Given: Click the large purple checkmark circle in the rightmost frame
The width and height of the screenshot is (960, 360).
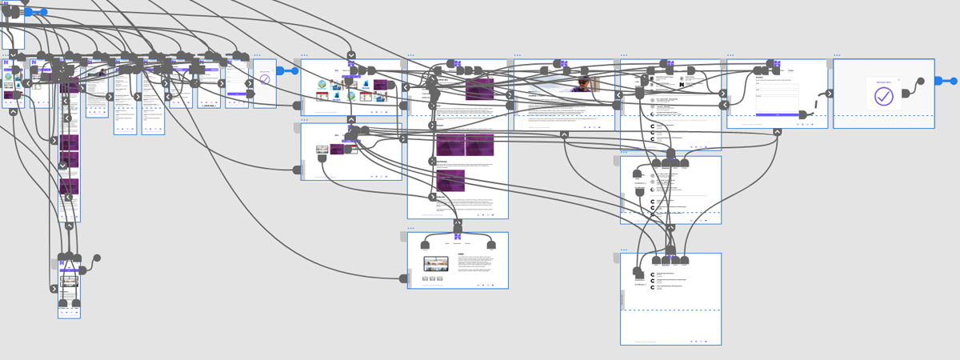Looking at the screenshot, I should (x=882, y=96).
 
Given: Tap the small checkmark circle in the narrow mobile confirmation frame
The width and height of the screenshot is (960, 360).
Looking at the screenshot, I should (x=265, y=80).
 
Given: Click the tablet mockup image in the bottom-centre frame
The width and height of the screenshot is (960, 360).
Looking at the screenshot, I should (x=437, y=263).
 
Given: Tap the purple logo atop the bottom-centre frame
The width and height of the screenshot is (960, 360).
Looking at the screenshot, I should (x=458, y=237).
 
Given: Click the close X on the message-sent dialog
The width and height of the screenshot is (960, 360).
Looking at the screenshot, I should (x=898, y=79).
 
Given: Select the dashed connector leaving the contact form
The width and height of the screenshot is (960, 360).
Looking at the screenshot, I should (x=814, y=106).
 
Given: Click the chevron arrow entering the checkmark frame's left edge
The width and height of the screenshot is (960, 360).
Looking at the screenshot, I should (x=829, y=94).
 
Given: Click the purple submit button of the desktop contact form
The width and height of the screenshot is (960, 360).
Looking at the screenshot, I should (x=776, y=114).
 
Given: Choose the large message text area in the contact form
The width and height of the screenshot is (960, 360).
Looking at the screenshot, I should (x=776, y=103).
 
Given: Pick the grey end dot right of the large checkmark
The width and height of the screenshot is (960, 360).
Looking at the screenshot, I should (x=920, y=81).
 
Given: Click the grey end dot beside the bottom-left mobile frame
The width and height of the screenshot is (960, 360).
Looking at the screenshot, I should (x=97, y=258).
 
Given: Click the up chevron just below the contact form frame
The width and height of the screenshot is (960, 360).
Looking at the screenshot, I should (x=777, y=133).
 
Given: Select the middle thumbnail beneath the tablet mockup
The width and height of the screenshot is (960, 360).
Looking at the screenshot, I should (x=436, y=278).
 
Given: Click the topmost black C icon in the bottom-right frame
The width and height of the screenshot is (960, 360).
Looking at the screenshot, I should (x=653, y=274).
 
